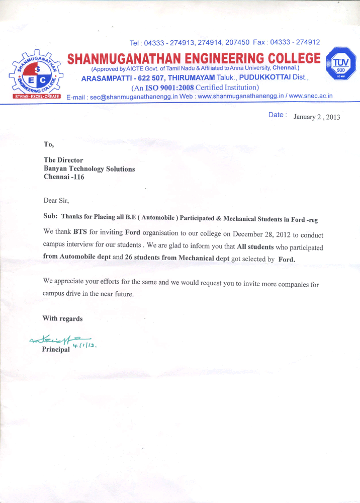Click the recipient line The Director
pos(63,160)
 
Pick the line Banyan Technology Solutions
pos(89,169)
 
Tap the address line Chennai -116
pos(64,178)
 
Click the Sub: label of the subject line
pos(50,219)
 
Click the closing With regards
pos(62,318)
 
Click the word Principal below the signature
pos(56,350)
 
